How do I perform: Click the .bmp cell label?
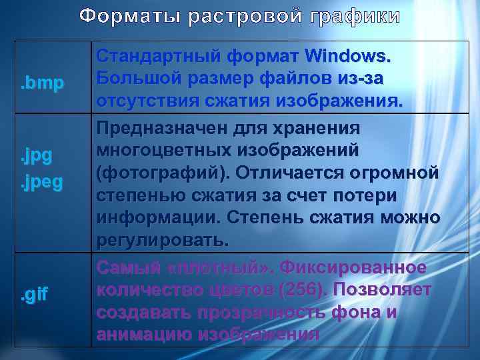[42, 83]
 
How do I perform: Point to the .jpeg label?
[42, 182]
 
